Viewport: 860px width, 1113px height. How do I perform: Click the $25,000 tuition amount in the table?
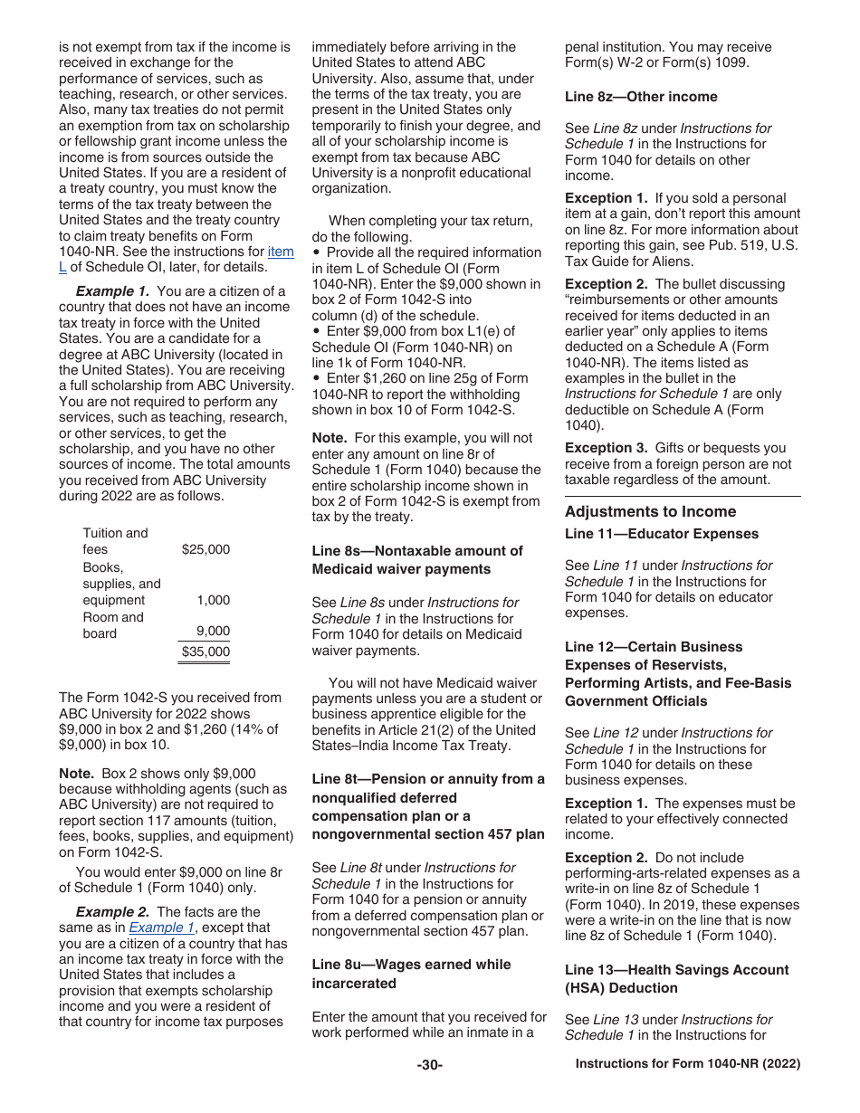(x=205, y=549)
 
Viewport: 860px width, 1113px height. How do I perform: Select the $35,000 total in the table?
(x=205, y=652)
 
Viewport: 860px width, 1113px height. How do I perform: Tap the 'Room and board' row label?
(x=113, y=625)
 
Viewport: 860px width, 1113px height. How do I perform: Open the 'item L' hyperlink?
(x=280, y=252)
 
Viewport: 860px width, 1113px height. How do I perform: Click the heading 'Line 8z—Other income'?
(x=641, y=97)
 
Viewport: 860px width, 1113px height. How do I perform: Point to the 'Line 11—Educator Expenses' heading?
(x=662, y=534)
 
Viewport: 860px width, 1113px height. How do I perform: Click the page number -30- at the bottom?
(x=430, y=1065)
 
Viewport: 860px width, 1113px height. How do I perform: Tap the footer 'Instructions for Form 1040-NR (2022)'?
(x=688, y=1065)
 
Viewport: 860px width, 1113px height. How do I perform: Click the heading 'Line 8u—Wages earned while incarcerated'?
(x=411, y=974)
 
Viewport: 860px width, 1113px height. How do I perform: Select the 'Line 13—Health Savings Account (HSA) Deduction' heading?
(x=676, y=978)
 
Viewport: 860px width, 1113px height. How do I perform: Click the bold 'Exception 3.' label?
(x=606, y=448)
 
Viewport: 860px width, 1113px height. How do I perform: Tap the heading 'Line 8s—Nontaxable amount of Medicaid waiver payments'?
(x=417, y=559)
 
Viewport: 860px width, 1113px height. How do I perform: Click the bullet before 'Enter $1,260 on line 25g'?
(x=316, y=378)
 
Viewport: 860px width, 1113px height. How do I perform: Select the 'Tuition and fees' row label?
(x=115, y=541)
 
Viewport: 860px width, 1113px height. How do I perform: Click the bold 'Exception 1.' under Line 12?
(x=606, y=804)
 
